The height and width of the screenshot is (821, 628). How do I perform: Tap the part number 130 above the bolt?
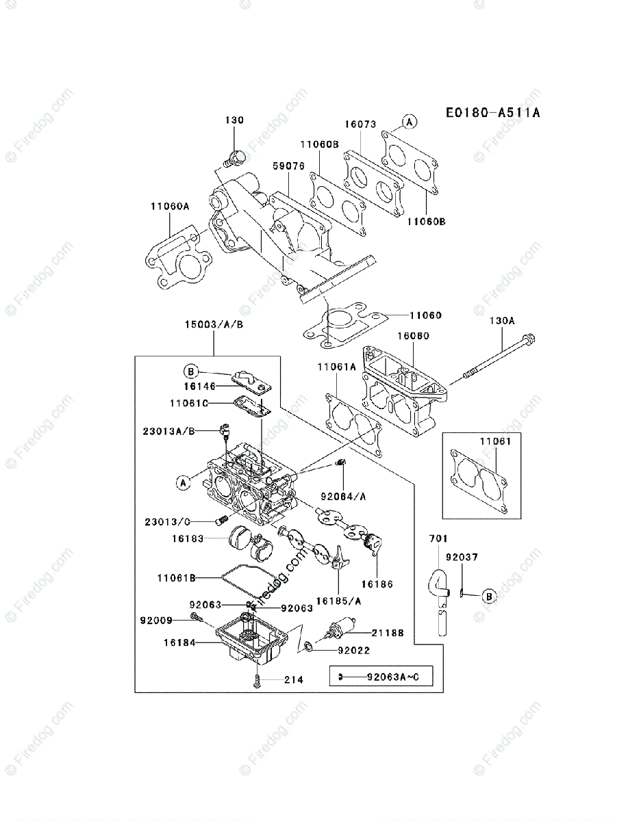click(x=234, y=120)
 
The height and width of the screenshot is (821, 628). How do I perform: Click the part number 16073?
click(x=360, y=125)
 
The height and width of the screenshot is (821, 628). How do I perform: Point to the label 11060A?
click(x=170, y=205)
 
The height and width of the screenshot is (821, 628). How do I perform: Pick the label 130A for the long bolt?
click(x=502, y=320)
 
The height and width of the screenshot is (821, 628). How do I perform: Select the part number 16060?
click(x=414, y=336)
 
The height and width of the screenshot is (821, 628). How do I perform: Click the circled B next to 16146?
click(x=191, y=372)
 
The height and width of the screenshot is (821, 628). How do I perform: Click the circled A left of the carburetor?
click(x=182, y=482)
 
